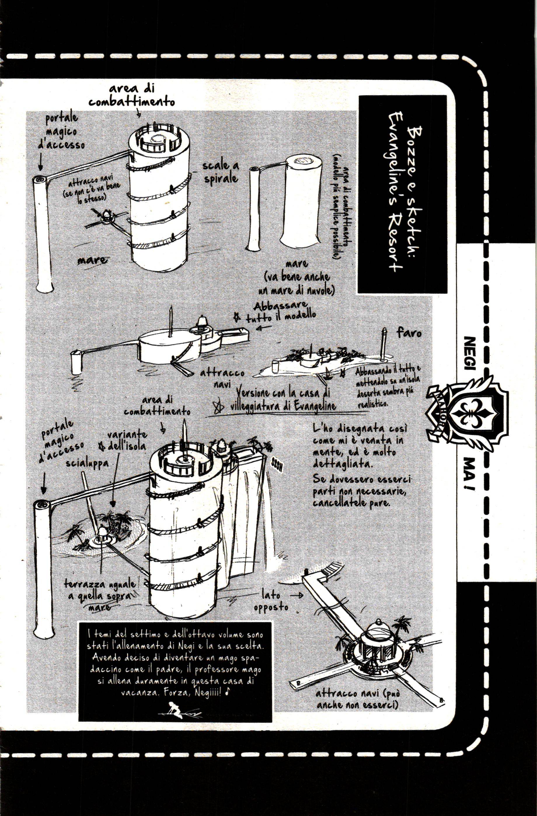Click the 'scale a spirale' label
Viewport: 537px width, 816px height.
[221, 172]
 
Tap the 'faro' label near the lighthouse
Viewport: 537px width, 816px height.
[409, 333]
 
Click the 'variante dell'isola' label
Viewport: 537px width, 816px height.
[127, 441]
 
